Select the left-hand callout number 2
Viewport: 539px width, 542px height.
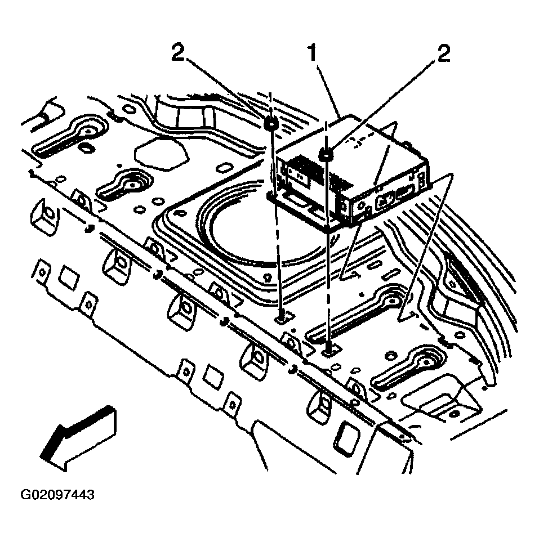tap(177, 55)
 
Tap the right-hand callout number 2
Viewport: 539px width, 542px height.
tap(443, 55)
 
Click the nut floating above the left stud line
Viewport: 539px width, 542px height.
tap(271, 123)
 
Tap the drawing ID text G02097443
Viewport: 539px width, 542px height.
tap(57, 495)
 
